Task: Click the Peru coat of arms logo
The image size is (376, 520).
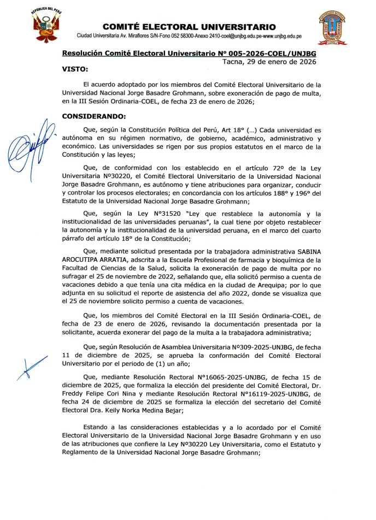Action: tap(45, 26)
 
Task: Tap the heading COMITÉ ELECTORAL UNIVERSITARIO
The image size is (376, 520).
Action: tap(189, 27)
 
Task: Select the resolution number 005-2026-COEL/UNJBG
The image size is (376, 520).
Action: tap(269, 54)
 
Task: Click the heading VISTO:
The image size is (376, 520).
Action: tap(74, 69)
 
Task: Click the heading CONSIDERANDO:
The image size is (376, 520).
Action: tap(94, 116)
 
